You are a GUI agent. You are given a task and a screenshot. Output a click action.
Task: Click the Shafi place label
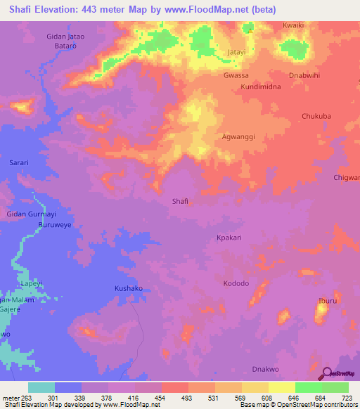(180, 202)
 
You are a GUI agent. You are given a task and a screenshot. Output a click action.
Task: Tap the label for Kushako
(128, 289)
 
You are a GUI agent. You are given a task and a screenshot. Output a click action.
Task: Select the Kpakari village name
(229, 238)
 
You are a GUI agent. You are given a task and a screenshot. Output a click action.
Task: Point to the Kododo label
(236, 283)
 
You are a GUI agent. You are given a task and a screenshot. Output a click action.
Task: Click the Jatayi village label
(239, 53)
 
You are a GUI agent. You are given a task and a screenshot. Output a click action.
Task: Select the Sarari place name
(18, 162)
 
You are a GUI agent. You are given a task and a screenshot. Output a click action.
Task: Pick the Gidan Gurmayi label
(30, 213)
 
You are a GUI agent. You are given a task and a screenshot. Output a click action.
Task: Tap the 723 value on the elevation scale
(347, 398)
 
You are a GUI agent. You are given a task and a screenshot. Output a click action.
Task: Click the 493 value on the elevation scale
(187, 398)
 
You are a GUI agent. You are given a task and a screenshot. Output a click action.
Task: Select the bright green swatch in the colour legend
(308, 387)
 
